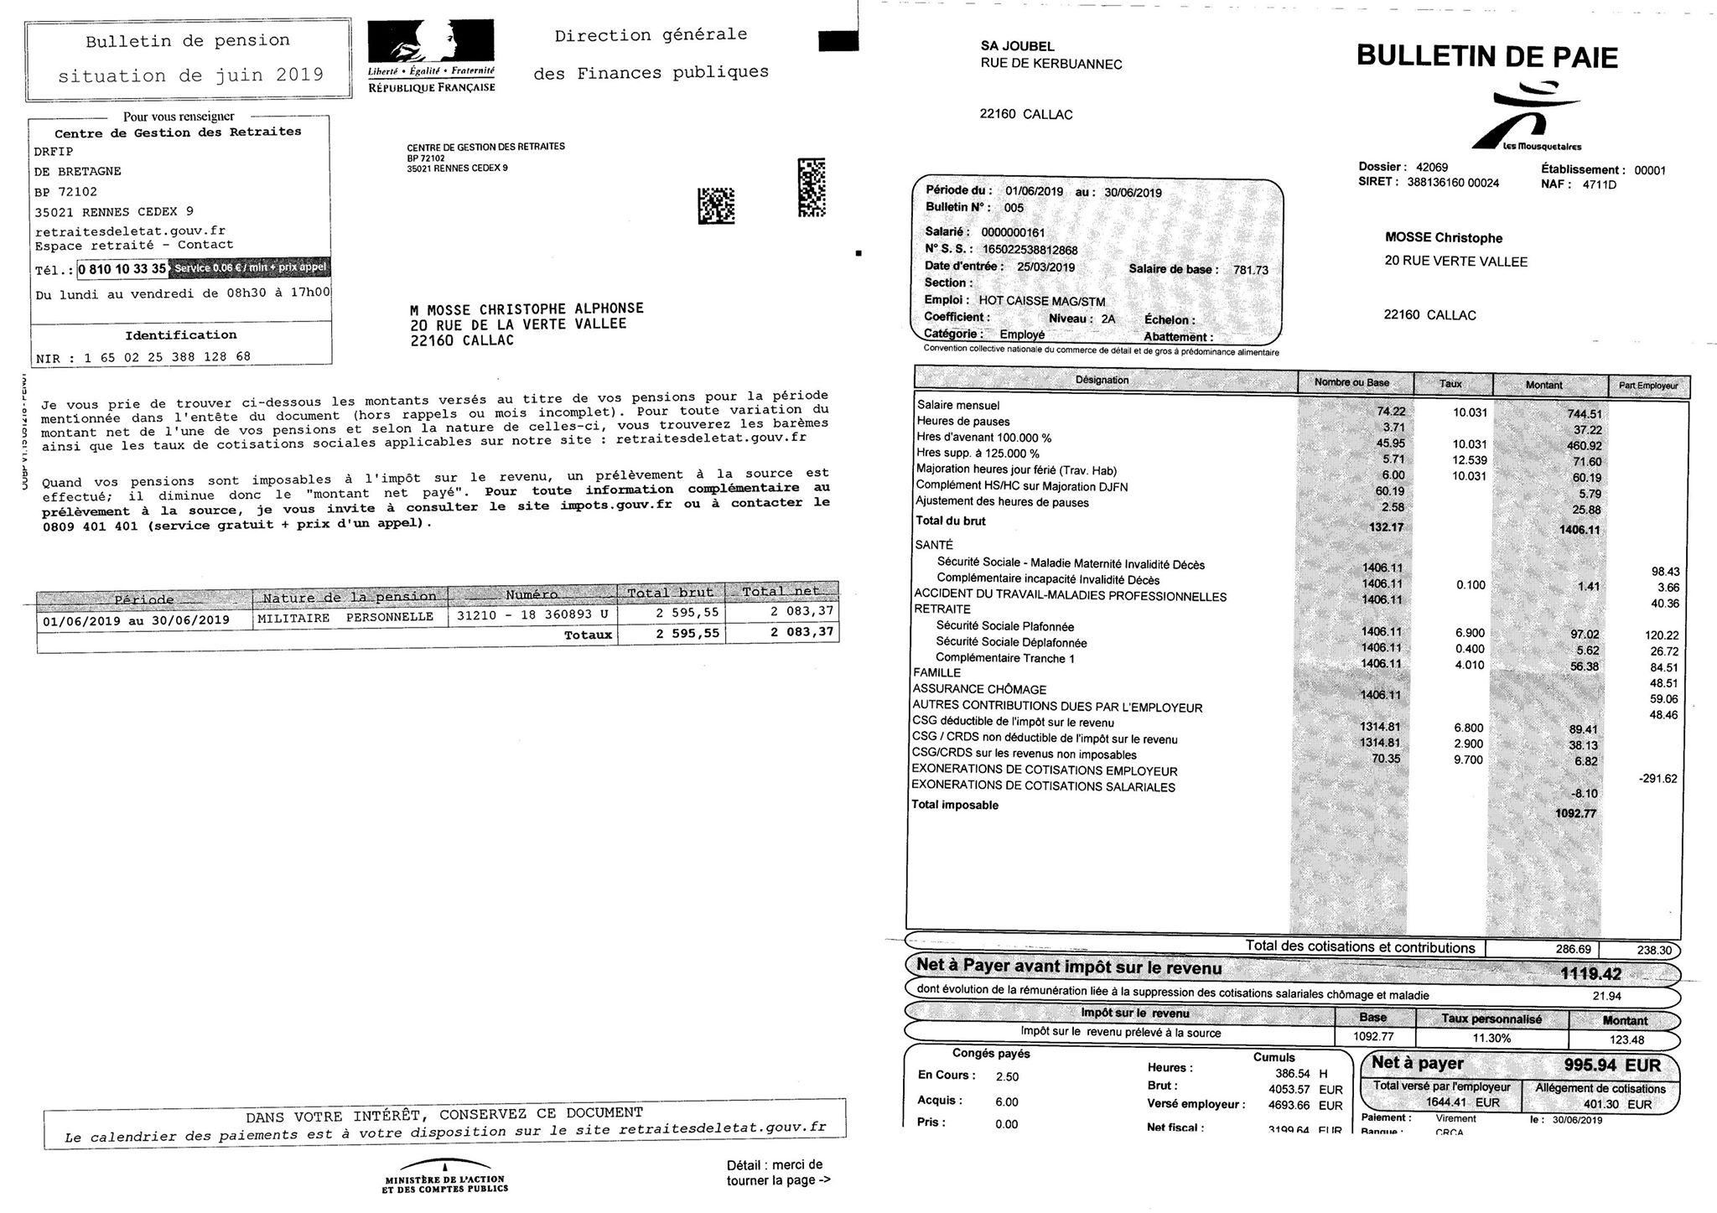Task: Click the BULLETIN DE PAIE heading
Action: point(1487,56)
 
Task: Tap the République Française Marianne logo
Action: point(432,56)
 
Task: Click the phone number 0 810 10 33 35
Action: point(122,269)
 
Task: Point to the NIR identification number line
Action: point(143,357)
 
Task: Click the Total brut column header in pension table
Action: point(671,593)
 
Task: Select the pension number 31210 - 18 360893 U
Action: point(532,615)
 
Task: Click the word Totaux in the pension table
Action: point(588,635)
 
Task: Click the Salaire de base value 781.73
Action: point(1251,270)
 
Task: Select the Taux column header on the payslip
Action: point(1451,384)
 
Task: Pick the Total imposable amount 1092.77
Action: point(1576,813)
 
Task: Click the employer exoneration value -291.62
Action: point(1657,779)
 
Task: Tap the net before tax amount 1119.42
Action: point(1590,973)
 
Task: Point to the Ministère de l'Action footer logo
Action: point(444,1175)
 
